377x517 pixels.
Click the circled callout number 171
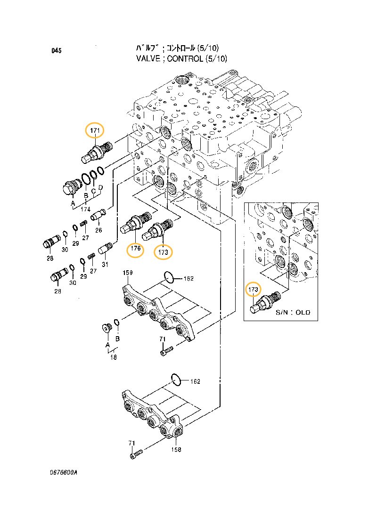coord(94,130)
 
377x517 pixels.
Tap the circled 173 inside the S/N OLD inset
coord(254,289)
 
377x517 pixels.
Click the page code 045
coord(57,51)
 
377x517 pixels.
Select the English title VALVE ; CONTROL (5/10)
coord(181,59)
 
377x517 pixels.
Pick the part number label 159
coord(127,273)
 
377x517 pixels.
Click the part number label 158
coord(176,449)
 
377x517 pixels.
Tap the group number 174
coord(85,209)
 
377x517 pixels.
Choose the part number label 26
coord(98,230)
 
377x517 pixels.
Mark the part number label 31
coord(105,264)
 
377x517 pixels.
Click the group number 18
coord(113,358)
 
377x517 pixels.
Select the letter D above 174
coord(100,187)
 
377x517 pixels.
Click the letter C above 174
coord(93,190)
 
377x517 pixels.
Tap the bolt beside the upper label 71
coord(167,350)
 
